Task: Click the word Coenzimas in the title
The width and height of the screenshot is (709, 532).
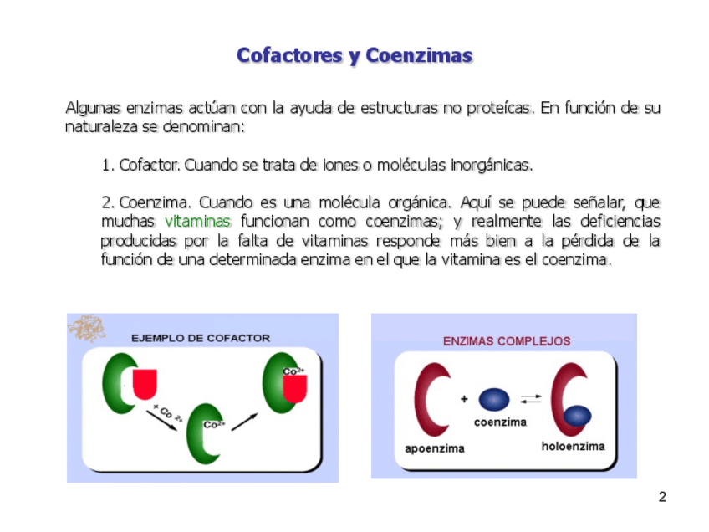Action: pyautogui.click(x=419, y=56)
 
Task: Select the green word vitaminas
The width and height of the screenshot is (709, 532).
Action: pyautogui.click(x=197, y=222)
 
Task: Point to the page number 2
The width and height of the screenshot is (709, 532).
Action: pyautogui.click(x=662, y=498)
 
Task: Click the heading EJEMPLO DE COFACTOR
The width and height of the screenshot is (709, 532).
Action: pyautogui.click(x=201, y=338)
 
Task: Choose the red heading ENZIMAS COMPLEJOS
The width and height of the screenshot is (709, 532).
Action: pyautogui.click(x=507, y=341)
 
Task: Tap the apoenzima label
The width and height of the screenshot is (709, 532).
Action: pyautogui.click(x=434, y=448)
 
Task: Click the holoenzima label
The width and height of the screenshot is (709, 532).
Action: pyautogui.click(x=573, y=446)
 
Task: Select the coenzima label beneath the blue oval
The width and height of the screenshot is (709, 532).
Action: pyautogui.click(x=500, y=422)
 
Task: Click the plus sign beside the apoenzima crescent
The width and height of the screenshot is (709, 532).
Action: pyautogui.click(x=463, y=399)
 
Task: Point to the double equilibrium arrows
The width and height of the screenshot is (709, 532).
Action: pyautogui.click(x=530, y=399)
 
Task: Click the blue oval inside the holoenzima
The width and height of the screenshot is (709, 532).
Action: pyautogui.click(x=577, y=415)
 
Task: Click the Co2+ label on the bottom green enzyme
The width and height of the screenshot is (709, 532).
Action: pyautogui.click(x=215, y=424)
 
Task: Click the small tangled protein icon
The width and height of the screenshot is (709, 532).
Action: pyautogui.click(x=86, y=327)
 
